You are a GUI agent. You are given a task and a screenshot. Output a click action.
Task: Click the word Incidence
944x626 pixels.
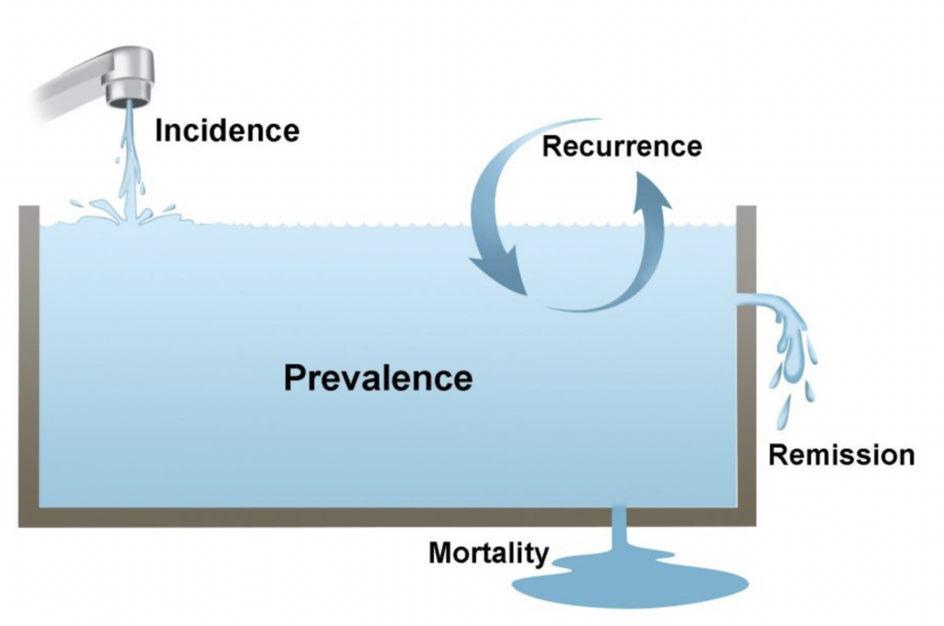pos(227,131)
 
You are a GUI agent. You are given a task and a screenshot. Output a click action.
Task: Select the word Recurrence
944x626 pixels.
pos(622,146)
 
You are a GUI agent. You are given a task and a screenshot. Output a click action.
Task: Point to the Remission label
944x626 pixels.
pos(841,455)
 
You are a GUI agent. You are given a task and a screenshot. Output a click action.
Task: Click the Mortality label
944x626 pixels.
pos(488,553)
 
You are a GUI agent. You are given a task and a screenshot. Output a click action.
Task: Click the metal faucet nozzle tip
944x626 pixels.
pos(128,93)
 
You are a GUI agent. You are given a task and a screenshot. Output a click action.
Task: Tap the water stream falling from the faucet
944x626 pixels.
pos(128,156)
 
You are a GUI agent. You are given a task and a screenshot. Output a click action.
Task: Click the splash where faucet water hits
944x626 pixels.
pos(127,212)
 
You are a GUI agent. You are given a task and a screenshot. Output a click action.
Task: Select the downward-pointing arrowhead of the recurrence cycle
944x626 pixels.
pos(500,273)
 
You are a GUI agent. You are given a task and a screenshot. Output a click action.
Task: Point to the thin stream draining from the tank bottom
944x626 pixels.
pos(619,528)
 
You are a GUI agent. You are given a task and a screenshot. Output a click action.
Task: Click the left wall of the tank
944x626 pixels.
pos(28,354)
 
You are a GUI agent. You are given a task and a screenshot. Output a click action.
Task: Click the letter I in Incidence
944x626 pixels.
pos(160,131)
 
